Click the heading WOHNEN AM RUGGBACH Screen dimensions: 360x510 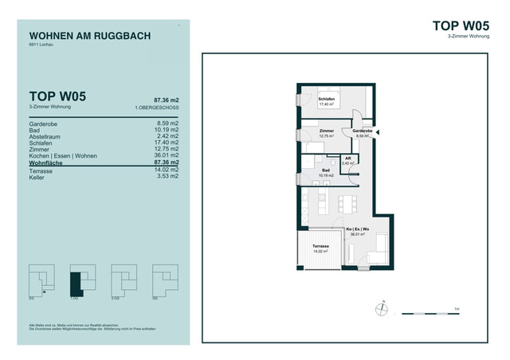click(89, 36)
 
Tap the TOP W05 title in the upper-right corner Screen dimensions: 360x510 click(462, 25)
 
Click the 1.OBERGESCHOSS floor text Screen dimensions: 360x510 click(157, 107)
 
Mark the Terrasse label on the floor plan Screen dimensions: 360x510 click(321, 246)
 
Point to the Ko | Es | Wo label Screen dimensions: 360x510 click(356, 230)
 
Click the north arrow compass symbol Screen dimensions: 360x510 click(383, 309)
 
